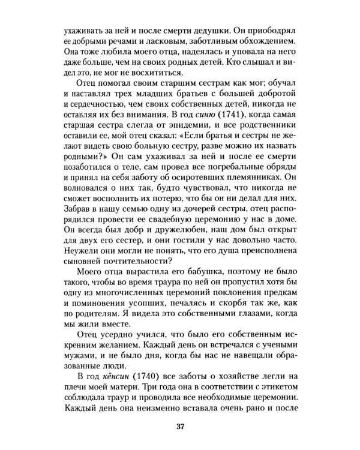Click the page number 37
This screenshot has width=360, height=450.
[x=179, y=427]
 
